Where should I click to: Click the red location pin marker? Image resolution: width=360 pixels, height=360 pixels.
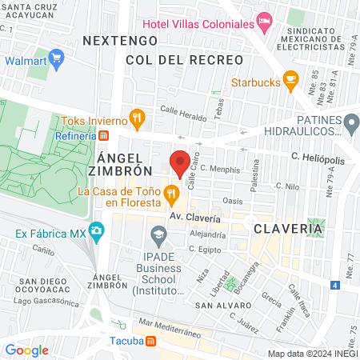[180, 162]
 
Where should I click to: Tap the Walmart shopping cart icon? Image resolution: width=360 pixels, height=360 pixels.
[56, 59]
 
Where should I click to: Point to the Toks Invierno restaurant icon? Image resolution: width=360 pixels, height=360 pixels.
[138, 120]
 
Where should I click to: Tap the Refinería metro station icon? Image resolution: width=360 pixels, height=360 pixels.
[104, 136]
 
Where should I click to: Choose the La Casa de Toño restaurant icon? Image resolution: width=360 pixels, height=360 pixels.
[170, 192]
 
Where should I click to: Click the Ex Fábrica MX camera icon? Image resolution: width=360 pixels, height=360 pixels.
[97, 234]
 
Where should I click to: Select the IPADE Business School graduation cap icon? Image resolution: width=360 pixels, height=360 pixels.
[157, 234]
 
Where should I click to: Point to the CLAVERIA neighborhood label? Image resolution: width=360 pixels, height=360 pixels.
[288, 229]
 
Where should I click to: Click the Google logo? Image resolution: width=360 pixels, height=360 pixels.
[26, 350]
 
